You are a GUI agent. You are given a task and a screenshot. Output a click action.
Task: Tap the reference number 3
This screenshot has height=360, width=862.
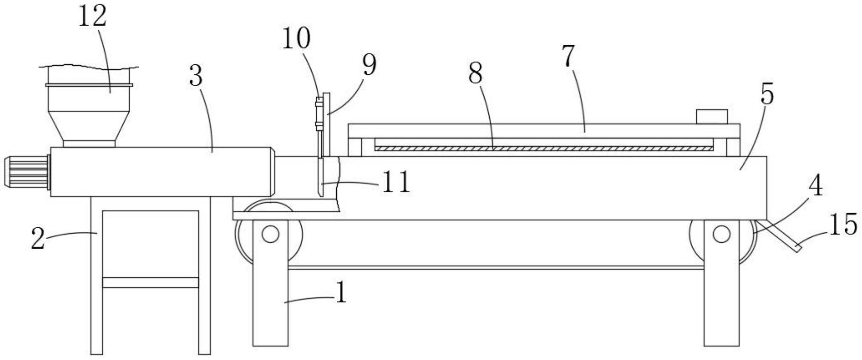(196, 76)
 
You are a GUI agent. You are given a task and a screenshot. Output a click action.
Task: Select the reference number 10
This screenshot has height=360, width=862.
(296, 38)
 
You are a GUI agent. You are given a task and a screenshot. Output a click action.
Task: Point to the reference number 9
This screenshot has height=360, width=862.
(369, 65)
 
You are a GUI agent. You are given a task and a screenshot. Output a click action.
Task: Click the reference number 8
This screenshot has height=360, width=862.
(475, 73)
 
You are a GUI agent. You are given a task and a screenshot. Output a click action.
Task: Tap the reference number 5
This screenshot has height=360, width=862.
(767, 94)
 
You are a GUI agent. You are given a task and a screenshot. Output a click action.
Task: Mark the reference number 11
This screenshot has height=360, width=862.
(396, 182)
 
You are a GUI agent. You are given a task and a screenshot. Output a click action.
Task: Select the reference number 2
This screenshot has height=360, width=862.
(38, 238)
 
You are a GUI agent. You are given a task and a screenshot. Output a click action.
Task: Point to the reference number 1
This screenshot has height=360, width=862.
(341, 292)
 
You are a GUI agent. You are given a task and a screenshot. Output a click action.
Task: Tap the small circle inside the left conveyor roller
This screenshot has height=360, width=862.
(270, 235)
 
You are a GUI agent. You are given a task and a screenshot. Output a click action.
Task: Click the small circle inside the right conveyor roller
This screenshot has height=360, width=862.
(721, 234)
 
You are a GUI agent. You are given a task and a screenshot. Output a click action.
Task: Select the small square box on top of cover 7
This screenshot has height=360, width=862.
(711, 116)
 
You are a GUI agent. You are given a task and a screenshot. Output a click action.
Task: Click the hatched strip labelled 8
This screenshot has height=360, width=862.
(543, 148)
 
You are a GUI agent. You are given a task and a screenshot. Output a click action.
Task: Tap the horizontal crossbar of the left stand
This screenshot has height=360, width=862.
(151, 282)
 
